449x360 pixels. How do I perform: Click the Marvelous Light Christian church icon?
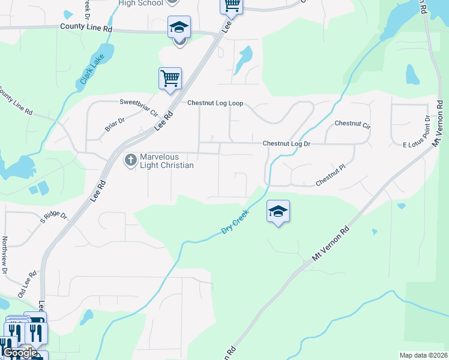pos(130,160)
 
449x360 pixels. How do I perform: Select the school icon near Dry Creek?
pos(278,211)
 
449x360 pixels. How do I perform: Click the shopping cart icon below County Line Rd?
pos(170,78)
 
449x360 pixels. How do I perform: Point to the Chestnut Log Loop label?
pos(215,103)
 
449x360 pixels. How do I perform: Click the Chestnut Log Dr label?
pos(286,143)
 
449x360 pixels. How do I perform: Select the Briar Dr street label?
pos(114,124)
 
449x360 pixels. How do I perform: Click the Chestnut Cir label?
pos(353,124)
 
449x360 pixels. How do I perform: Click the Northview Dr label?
pos(4,256)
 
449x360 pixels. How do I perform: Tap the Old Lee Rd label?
pos(28,282)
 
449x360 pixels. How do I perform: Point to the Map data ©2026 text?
pos(423,355)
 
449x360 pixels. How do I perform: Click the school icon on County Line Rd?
pos(179,28)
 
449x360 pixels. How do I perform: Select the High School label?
pos(140,3)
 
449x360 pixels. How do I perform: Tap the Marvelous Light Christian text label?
pos(167,161)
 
